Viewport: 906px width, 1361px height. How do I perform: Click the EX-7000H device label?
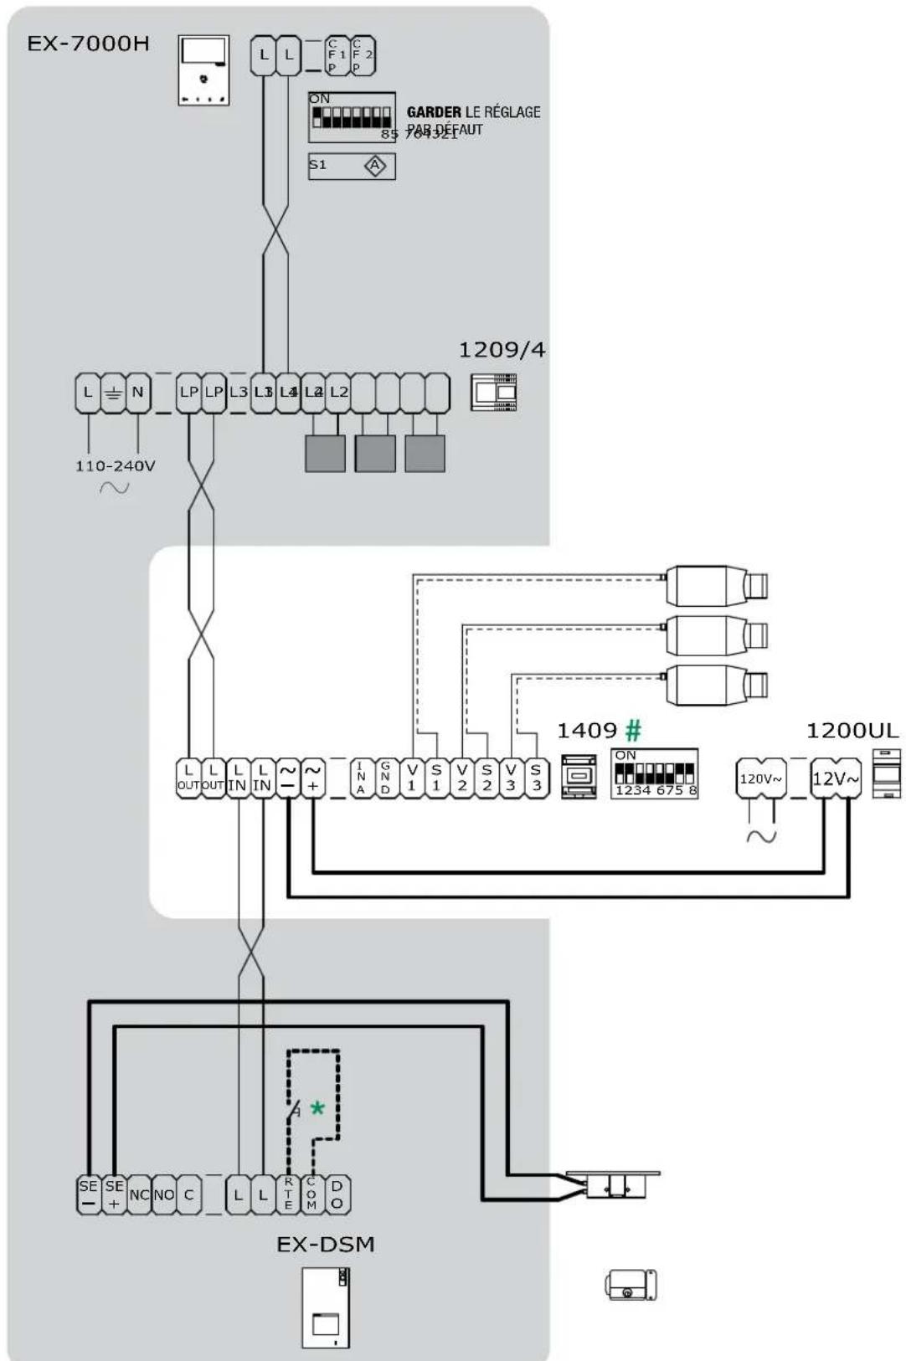88,44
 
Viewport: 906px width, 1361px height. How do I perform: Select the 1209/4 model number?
502,350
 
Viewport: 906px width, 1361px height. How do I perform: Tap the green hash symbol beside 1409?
633,731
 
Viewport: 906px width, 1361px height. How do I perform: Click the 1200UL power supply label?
852,731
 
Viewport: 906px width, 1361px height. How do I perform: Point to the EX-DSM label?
326,1245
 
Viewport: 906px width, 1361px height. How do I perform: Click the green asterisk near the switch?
317,1109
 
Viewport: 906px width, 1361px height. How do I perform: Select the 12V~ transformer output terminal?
835,778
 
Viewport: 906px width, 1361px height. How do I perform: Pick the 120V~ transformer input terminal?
760,778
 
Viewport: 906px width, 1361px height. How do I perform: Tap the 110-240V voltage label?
115,466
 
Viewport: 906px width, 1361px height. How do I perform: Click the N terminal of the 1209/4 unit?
137,393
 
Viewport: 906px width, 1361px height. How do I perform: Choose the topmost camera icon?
716,585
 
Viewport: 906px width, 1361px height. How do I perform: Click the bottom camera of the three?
716,685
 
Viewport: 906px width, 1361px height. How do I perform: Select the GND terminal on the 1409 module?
386,778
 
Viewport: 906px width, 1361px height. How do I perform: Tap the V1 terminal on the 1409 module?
411,778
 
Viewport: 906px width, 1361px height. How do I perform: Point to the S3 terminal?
536,778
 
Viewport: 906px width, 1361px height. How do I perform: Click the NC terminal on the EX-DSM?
139,1194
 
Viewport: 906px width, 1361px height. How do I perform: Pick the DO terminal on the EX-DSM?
337,1194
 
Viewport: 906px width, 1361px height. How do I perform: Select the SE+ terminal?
114,1194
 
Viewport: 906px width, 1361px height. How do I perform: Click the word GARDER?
434,112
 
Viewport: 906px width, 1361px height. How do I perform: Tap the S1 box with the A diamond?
352,166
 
